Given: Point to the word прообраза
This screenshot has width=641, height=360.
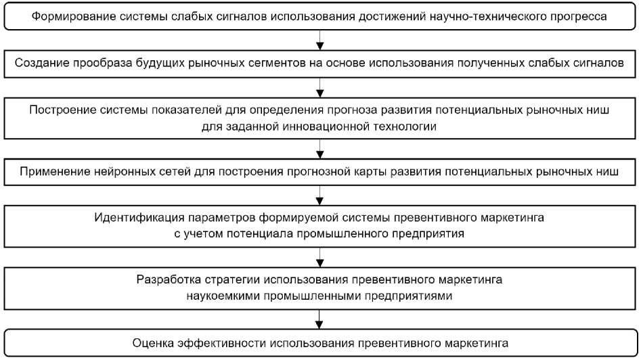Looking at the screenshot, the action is coord(92,63).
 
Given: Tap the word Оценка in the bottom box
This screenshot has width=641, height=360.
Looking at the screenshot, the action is coord(156,340).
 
